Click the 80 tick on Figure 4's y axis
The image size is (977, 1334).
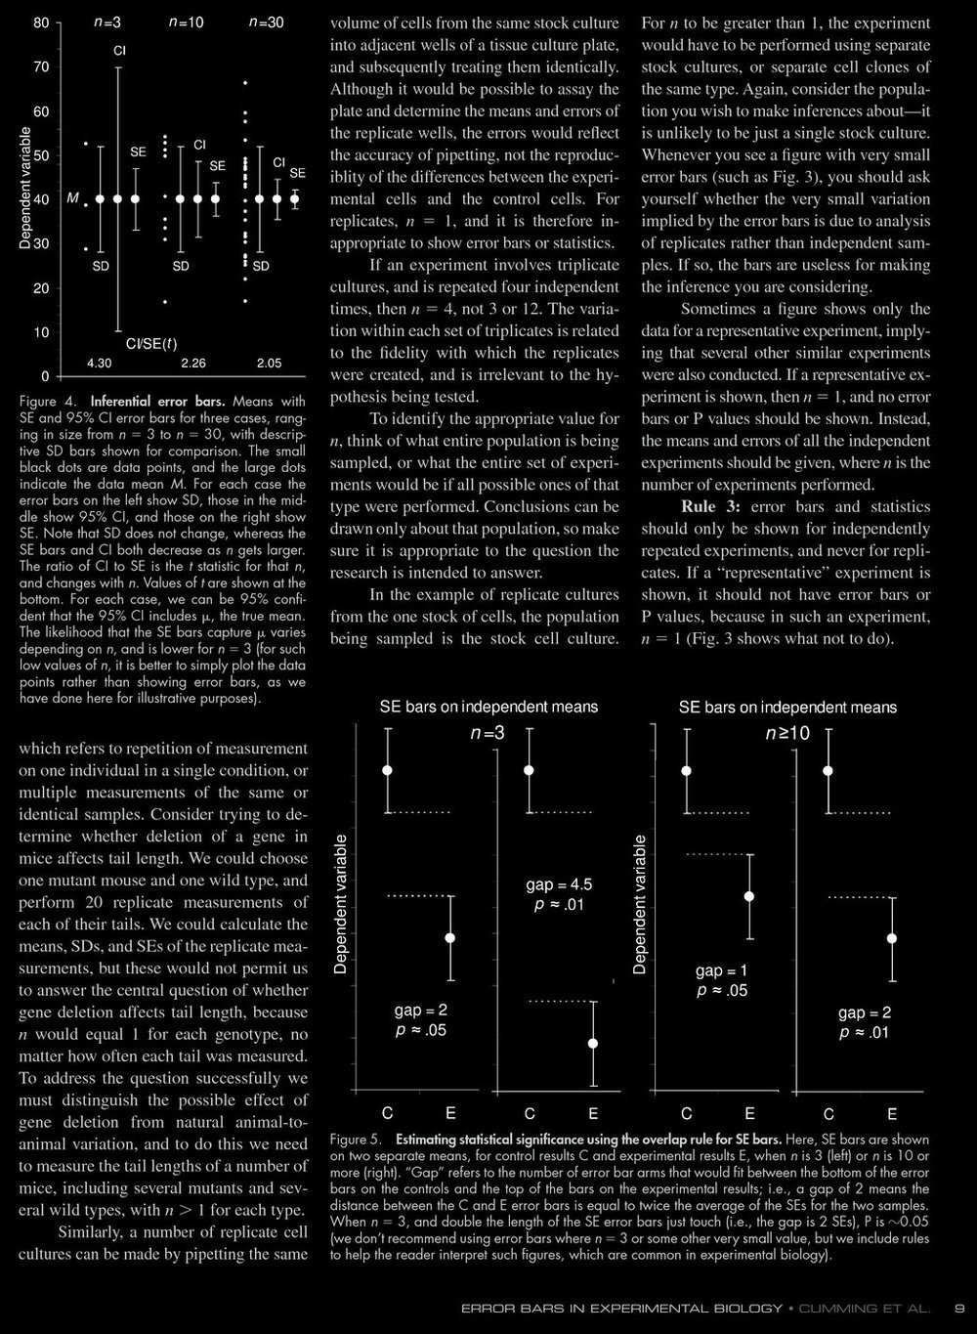click(x=41, y=22)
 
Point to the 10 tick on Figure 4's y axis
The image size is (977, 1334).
click(x=41, y=332)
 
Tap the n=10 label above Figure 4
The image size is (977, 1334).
click(x=186, y=22)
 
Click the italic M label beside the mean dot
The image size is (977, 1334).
click(x=72, y=198)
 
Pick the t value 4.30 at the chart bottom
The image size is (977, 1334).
click(x=100, y=364)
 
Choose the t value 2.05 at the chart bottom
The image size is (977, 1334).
click(x=269, y=364)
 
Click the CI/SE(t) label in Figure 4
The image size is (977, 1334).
click(x=151, y=343)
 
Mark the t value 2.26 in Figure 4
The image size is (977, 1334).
click(x=192, y=364)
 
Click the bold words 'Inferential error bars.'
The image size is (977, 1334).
click(x=148, y=402)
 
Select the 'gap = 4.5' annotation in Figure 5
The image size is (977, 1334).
click(x=559, y=885)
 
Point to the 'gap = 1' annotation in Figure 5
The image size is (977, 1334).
click(x=721, y=970)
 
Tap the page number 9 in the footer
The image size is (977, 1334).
click(x=959, y=1308)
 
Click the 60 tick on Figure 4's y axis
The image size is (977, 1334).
click(x=41, y=111)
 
